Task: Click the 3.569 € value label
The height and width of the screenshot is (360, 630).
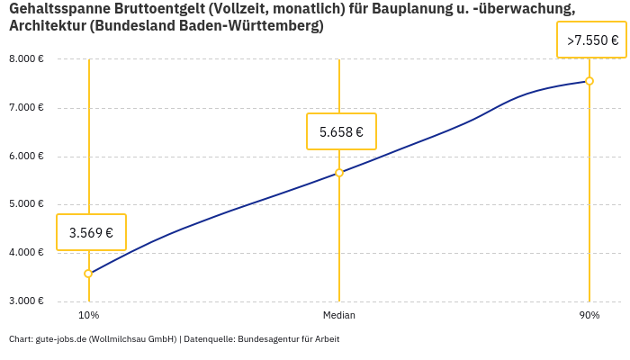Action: coord(91,232)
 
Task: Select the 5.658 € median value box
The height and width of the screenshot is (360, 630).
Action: coord(341,131)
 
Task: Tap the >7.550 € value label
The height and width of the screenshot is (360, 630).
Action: coord(591,40)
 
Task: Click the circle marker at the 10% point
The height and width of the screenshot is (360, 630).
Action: coord(88,274)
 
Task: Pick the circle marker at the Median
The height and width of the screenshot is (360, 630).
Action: coord(339,173)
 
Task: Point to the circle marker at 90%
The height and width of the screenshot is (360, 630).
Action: coord(589,81)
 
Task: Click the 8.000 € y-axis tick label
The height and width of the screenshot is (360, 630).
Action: coord(26,59)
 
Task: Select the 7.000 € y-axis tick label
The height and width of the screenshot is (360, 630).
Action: coord(26,108)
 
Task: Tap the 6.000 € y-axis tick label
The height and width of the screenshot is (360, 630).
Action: coord(26,156)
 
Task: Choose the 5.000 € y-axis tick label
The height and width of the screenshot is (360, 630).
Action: coord(26,204)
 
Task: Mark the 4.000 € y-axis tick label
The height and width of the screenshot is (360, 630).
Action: coord(26,253)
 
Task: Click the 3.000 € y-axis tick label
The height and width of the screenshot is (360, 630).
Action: coord(26,301)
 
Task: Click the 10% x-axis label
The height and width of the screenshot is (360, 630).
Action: coord(88,316)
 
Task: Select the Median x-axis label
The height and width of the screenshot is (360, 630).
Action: coord(339,316)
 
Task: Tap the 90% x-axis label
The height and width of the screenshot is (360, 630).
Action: coord(589,316)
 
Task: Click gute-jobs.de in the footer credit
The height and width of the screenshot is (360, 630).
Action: coord(60,339)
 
